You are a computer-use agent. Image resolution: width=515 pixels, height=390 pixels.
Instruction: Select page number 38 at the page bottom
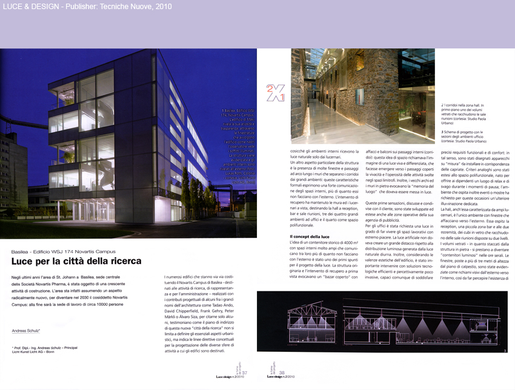282,372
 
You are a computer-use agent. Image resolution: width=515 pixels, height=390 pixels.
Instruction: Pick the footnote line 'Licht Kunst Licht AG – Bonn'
37,353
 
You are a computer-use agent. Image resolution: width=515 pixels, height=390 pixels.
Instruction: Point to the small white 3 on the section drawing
505,351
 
